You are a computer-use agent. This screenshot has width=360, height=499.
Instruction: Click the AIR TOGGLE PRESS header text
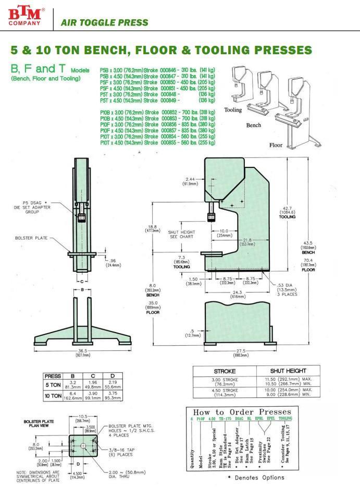point(104,22)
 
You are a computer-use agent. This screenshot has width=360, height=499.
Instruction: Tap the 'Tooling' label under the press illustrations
point(233,110)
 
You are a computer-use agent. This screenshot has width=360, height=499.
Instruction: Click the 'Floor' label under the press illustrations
point(276,145)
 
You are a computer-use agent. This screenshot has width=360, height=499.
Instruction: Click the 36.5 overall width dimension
point(81,351)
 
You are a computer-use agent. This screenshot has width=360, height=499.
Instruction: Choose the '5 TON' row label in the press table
point(53,385)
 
